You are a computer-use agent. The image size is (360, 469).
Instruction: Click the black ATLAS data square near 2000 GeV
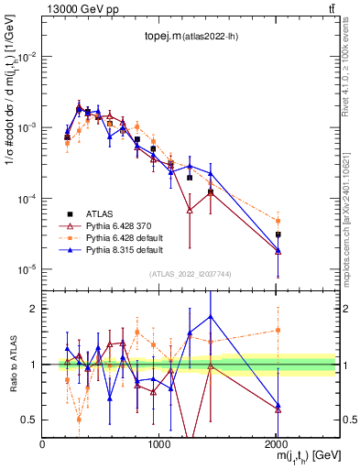click(278, 234)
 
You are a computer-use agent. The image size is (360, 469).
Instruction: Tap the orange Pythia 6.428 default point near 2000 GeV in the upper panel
click(278, 221)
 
